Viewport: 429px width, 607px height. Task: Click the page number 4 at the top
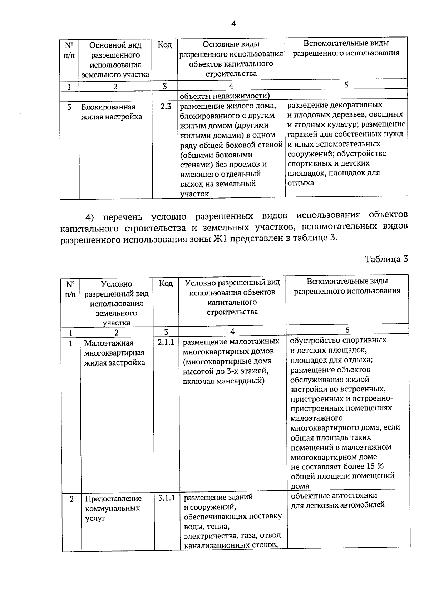(233, 24)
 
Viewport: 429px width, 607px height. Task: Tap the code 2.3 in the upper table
(165, 107)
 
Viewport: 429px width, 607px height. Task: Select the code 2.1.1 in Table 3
(166, 342)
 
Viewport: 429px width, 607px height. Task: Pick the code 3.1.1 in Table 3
(167, 498)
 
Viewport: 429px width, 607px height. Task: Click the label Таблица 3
(386, 259)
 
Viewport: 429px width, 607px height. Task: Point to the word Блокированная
(108, 107)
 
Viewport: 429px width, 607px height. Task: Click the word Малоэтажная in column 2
(108, 343)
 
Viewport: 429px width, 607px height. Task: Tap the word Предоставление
(113, 499)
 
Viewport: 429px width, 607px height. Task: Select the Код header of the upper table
(165, 45)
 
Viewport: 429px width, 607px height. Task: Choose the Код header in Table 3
(166, 283)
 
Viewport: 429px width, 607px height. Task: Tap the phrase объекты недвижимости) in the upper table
(225, 96)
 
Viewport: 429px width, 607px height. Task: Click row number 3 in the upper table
(69, 107)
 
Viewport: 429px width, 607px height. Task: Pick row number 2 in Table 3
(72, 499)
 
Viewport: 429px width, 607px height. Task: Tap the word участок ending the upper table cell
(194, 194)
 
